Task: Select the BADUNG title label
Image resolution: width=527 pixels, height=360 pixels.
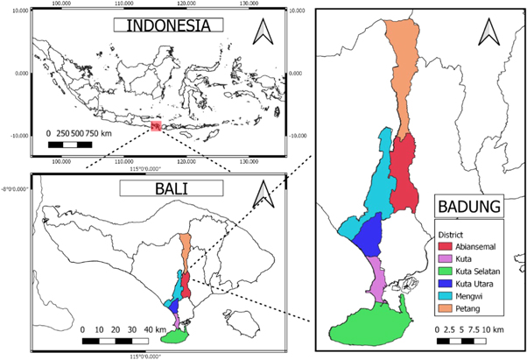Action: [473, 208]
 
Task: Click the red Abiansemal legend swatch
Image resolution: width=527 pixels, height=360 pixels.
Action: [446, 247]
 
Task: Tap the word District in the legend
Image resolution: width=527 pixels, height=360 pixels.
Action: [452, 235]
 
